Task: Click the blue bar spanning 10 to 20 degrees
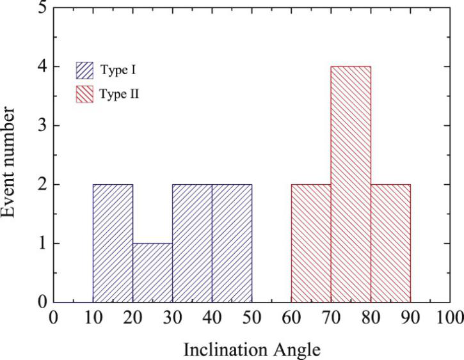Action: click(113, 243)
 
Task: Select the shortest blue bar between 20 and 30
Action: click(152, 272)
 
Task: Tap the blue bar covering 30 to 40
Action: click(192, 243)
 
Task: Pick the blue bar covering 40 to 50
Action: click(232, 243)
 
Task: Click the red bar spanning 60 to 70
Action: click(311, 243)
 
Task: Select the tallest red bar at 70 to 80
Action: click(351, 184)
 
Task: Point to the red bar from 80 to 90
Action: click(390, 243)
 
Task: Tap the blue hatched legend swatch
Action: click(85, 69)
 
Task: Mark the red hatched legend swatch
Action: click(85, 94)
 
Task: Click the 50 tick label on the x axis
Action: click(252, 317)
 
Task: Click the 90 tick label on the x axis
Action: click(410, 317)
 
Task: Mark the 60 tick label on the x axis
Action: click(291, 317)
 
